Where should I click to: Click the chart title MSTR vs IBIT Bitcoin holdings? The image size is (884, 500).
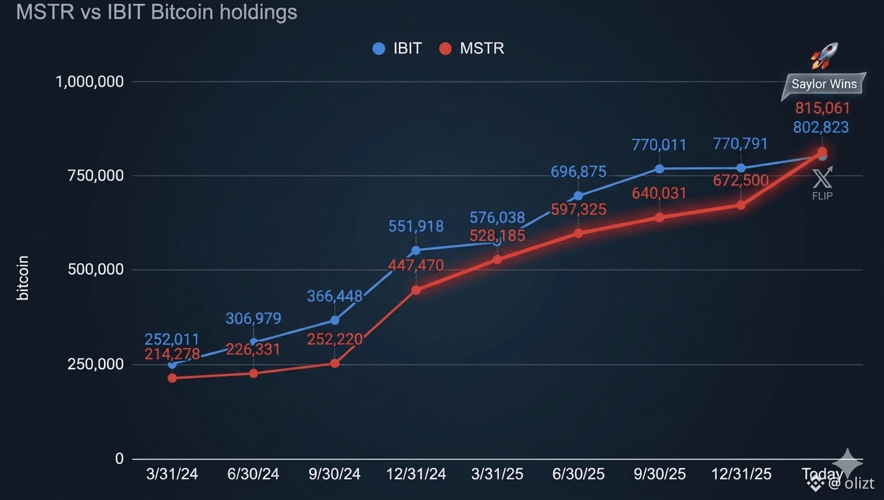pos(157,12)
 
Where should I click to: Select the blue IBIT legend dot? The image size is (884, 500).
pos(379,49)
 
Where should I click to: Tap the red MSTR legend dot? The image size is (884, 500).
pos(445,49)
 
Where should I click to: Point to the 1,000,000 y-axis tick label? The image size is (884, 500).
pos(90,82)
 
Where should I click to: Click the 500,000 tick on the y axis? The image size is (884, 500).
pos(96,270)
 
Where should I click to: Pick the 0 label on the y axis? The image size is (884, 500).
pos(119,458)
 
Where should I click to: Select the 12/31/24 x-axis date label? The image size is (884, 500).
pos(416,474)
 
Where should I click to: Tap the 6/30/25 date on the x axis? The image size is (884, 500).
pos(578,474)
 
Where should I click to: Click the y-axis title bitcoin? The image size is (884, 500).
pos(23,278)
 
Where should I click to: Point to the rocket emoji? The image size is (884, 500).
pos(825,56)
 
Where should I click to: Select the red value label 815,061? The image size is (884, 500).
pos(822,108)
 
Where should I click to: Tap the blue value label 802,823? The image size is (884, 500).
pos(821,127)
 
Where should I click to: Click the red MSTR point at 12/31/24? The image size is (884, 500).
pos(416,290)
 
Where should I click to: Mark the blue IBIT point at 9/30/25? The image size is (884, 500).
pos(660,169)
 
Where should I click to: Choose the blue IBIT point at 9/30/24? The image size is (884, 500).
pos(334,320)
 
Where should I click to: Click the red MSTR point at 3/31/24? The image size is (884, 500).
pos(172,378)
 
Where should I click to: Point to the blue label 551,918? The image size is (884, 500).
pos(416,227)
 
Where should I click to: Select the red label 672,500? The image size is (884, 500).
pos(741,180)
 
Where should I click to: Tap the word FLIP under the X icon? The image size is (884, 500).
pos(822,196)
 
